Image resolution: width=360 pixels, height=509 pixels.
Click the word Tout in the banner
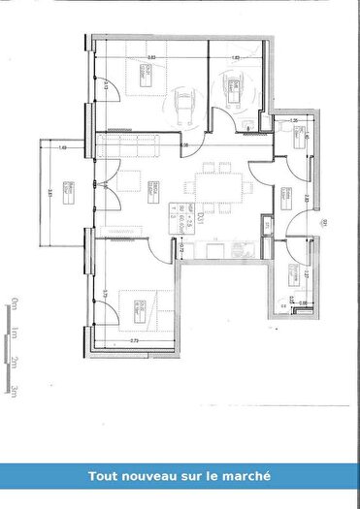(x=103, y=476)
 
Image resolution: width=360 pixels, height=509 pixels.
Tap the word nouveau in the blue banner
(x=150, y=476)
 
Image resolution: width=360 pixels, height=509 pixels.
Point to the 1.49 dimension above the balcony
(x=62, y=147)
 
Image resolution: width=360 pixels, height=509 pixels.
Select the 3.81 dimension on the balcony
(x=50, y=193)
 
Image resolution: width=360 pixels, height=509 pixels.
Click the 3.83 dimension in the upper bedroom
(x=151, y=59)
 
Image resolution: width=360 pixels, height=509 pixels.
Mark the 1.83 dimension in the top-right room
(x=236, y=59)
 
